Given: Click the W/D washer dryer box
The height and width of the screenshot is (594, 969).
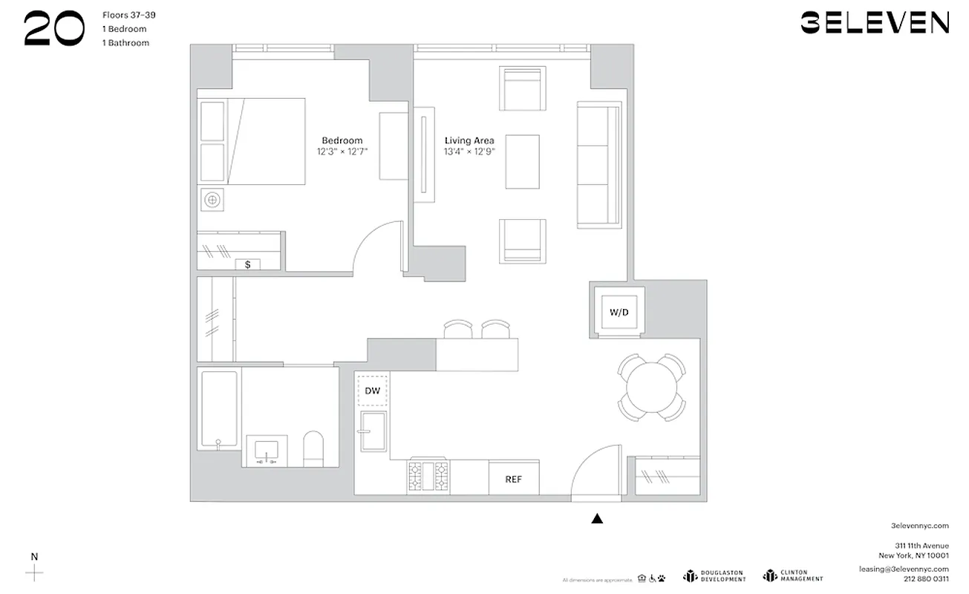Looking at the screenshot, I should (x=619, y=313).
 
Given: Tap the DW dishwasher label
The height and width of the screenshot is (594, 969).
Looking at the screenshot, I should (x=372, y=390).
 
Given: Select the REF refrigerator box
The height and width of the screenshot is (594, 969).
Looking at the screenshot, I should (x=513, y=479).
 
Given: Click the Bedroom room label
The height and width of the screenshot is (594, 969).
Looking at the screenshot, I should (x=342, y=140).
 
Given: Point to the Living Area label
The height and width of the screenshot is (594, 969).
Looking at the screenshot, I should (x=469, y=140).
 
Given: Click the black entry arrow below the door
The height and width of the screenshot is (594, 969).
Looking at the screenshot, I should (x=597, y=519).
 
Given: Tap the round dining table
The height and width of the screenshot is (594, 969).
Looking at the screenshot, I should (x=652, y=387).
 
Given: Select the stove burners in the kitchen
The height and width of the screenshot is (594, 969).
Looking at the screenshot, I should (x=428, y=476).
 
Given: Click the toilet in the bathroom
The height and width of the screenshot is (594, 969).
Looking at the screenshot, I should (x=313, y=448).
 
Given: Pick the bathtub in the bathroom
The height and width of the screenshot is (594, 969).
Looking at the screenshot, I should (x=219, y=409).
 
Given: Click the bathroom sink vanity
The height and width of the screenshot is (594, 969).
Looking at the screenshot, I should (x=266, y=451).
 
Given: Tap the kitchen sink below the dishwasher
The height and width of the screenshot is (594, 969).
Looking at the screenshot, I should (x=372, y=431).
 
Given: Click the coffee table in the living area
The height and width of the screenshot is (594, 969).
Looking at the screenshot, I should (x=522, y=161).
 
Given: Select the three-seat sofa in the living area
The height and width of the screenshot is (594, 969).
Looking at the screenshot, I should (x=598, y=165).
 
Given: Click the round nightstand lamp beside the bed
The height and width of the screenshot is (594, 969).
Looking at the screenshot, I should (x=212, y=199).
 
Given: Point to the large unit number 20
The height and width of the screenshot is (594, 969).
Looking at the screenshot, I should (x=53, y=30).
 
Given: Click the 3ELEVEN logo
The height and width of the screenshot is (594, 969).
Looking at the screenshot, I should (x=874, y=22).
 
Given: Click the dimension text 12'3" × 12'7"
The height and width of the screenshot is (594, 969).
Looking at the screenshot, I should (x=342, y=151).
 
